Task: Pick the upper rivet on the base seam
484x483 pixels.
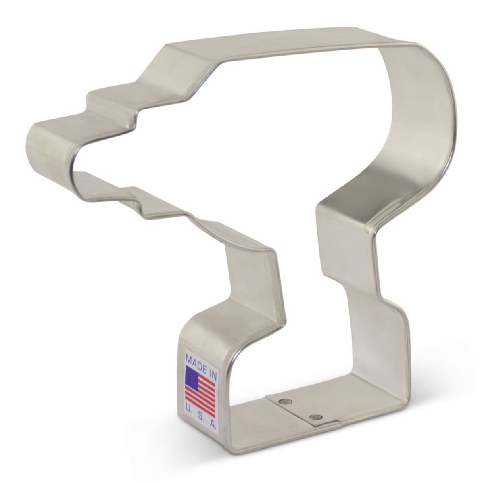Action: click(286, 401)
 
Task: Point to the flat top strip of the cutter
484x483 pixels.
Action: click(282, 40)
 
